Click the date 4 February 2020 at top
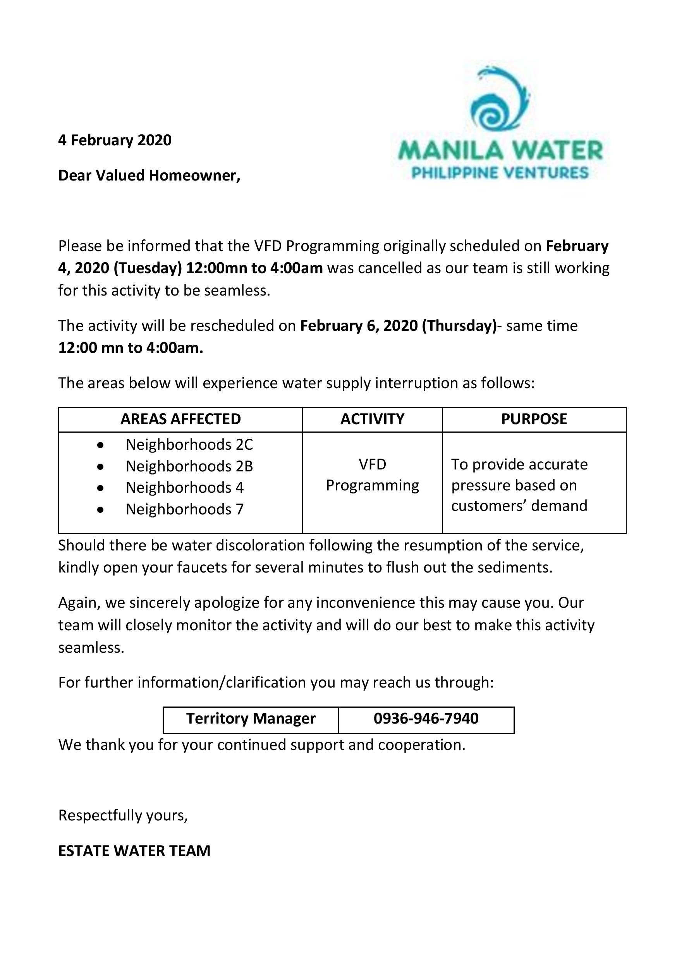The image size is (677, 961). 115,140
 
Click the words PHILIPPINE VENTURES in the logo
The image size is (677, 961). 500,172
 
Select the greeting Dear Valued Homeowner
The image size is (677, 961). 149,175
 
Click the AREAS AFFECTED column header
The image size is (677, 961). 180,419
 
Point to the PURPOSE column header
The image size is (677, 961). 534,419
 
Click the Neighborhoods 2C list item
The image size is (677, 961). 189,445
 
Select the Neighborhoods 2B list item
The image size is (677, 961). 189,466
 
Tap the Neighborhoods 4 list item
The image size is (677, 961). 184,488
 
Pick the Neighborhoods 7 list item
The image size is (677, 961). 184,509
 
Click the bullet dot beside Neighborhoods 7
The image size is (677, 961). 100,510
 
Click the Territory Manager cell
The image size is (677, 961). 251,718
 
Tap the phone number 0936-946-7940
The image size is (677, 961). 426,718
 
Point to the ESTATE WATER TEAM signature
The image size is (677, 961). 134,851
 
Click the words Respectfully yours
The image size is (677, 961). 123,815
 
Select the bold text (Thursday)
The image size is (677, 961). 459,326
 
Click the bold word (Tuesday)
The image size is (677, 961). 148,268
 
